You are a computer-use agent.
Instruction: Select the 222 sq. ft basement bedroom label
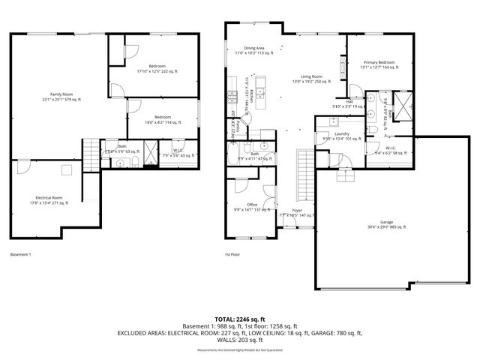point(157,68)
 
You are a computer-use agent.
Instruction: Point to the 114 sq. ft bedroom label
point(163,119)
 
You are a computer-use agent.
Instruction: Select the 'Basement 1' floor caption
point(22,255)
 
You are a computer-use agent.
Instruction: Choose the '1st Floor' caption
point(232,255)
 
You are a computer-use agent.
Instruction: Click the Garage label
point(386,224)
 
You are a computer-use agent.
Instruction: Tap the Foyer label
point(297,212)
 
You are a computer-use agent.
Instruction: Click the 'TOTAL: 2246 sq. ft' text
point(239,319)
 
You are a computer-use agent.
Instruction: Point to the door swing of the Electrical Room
point(23,169)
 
